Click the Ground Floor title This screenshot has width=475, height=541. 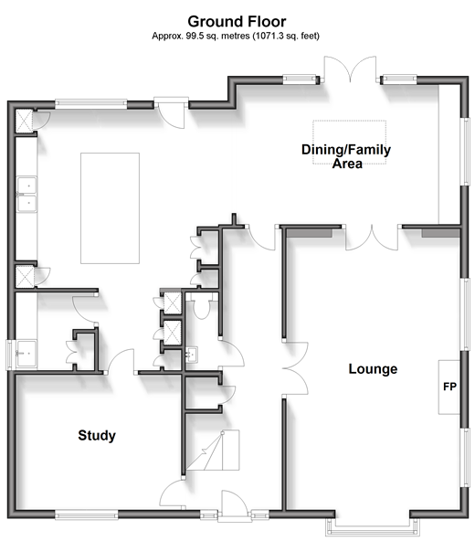point(237,21)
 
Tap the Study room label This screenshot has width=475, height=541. point(97,435)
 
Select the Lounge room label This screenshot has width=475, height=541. point(373,369)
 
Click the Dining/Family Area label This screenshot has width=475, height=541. point(346,156)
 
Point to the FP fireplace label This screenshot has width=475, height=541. point(449,387)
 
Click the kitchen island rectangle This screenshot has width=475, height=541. point(110,208)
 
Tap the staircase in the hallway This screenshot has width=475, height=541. point(213,451)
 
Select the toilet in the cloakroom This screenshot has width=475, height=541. point(202,306)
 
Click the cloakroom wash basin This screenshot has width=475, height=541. point(192,355)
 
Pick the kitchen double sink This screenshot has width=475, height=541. point(26,194)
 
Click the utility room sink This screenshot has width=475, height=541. point(26,354)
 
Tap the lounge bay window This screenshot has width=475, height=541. point(373,524)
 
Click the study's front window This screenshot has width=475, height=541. point(87,515)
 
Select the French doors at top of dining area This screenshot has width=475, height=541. point(350,69)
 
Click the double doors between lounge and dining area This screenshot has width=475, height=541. point(372,238)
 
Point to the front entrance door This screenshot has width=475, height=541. point(235,504)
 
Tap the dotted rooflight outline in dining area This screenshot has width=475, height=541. point(350,143)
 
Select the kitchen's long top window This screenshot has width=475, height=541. point(91,104)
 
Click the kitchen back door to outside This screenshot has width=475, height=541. point(172,114)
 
